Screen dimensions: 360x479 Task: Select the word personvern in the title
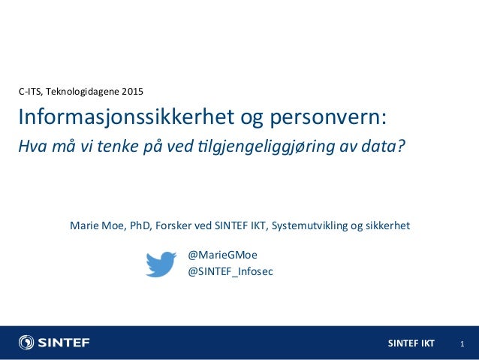click(x=327, y=119)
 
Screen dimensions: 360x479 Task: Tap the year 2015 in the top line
click(x=131, y=92)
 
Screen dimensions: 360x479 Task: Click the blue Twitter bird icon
click(x=161, y=264)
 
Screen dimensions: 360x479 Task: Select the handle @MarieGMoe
click(x=222, y=255)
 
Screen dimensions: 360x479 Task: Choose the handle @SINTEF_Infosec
click(x=230, y=271)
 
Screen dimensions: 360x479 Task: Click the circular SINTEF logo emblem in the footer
click(x=26, y=343)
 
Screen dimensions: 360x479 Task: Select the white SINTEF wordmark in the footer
click(x=65, y=343)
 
